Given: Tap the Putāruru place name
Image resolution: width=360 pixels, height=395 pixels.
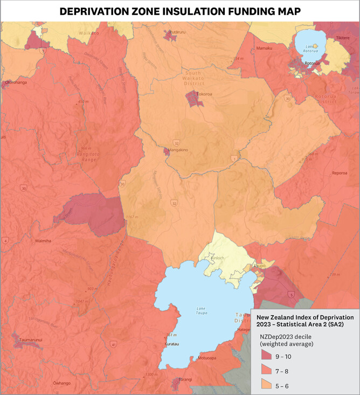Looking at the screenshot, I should point(178,32).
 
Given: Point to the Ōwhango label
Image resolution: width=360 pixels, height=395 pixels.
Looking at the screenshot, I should point(62,383).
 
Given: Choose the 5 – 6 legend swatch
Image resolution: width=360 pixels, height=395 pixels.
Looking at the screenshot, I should point(267,384).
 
